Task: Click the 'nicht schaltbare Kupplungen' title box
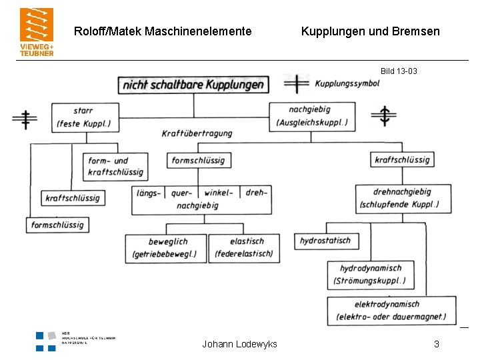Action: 193,85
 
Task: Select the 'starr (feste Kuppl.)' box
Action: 84,117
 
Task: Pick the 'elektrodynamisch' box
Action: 392,311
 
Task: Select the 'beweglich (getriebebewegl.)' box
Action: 165,248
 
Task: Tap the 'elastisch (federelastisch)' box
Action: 244,248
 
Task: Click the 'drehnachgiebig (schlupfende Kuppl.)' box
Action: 403,199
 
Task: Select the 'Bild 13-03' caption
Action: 399,71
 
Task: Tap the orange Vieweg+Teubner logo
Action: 37,31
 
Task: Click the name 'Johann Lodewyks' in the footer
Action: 239,344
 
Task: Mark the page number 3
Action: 436,344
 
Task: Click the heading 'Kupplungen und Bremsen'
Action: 370,31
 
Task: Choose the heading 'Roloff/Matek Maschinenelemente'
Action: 163,31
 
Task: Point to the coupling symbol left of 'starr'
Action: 25,119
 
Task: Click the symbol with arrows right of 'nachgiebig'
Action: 384,116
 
